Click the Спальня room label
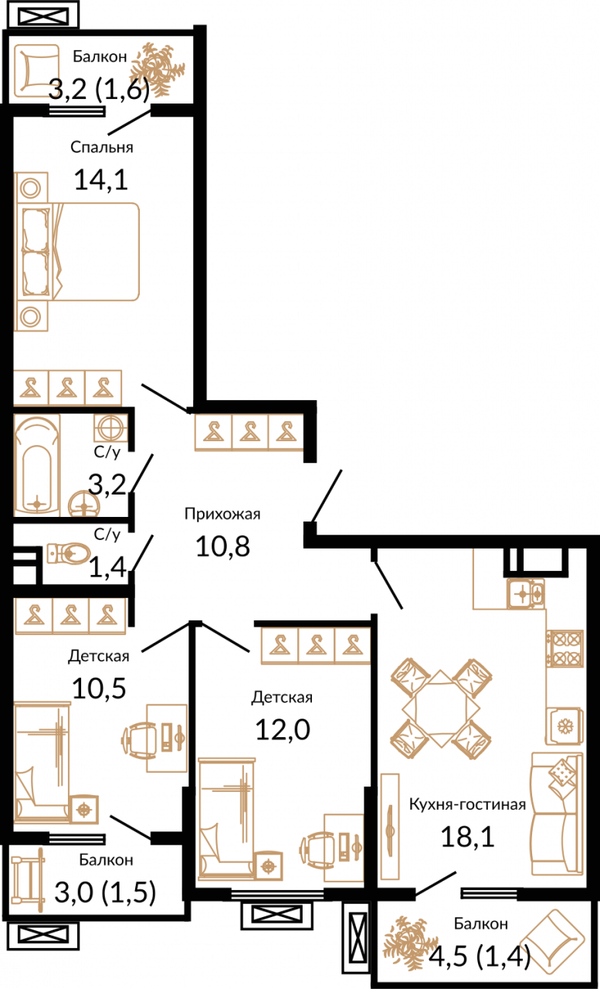pos(101,148)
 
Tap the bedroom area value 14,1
pos(101,180)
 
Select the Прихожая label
pos(222,514)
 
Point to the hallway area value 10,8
pos(223,546)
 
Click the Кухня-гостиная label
pos(468,804)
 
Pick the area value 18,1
pos(468,836)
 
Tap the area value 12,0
pos(283,729)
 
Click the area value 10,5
pos(100,688)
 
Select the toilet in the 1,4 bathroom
pos(69,553)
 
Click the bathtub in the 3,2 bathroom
pos(37,465)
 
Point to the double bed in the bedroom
pos(78,252)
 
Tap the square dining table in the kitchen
pos(441,709)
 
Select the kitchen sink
pos(526,594)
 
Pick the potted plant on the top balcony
pos(157,70)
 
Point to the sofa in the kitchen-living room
pos(558,814)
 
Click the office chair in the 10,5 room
pos(140,738)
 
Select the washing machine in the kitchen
pos(564,726)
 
